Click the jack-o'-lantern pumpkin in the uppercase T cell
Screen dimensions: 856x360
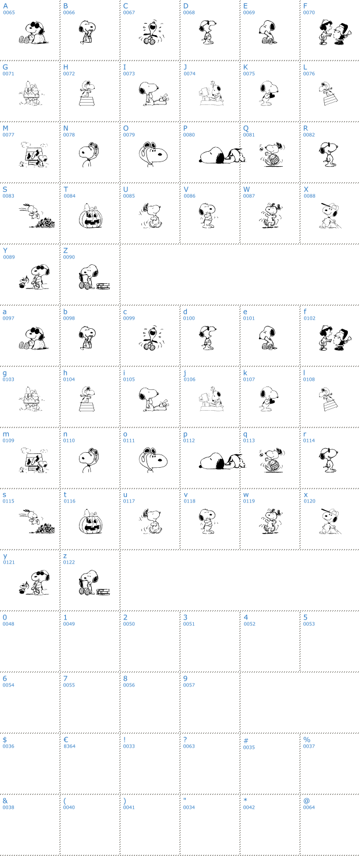pos(91,216)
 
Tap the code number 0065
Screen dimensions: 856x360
pos(9,13)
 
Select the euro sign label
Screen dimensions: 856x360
pos(66,739)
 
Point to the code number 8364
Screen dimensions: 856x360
pos(69,746)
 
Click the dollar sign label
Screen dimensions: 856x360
pos(5,739)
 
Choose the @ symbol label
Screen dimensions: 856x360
pos(306,800)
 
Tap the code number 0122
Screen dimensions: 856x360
pos(69,562)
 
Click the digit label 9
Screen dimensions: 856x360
pos(185,678)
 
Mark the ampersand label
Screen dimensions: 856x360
pos(5,800)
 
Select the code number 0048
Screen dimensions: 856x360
pos(9,624)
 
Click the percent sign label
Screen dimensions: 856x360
pos(306,739)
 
